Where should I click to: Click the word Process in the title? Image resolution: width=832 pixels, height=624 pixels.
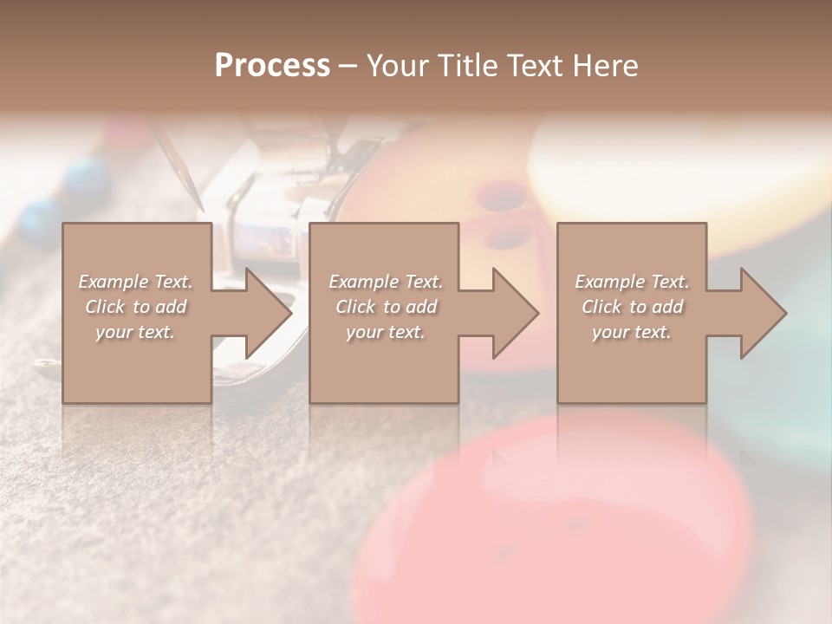272,65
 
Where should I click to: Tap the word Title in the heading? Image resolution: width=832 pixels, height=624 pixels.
467,65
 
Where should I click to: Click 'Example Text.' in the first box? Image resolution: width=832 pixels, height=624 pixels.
135,282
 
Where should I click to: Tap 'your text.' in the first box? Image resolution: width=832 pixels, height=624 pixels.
135,332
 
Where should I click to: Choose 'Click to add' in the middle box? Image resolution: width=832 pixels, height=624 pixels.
386,307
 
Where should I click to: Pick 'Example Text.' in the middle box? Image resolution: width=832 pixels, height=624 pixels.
386,282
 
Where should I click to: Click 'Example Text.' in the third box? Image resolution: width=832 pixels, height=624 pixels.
632,282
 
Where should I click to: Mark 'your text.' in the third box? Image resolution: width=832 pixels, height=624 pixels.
632,332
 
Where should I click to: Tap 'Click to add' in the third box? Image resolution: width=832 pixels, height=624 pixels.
632,307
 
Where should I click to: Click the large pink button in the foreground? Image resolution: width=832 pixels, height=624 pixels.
555,520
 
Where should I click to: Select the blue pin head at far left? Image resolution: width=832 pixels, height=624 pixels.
39,221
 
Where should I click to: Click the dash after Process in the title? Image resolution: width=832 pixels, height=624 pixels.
348,66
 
